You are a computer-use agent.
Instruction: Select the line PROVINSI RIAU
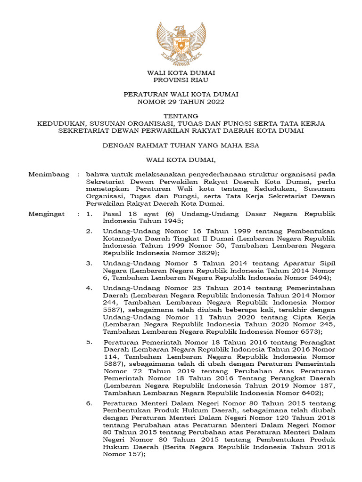point(181,80)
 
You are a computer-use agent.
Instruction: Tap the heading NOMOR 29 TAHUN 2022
point(181,102)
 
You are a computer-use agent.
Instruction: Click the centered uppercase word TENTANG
point(181,116)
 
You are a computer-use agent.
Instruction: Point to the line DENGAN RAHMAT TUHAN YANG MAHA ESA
point(181,145)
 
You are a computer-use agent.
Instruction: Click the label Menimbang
point(48,174)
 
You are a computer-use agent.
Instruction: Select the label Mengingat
point(47,214)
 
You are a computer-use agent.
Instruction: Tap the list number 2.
point(89,231)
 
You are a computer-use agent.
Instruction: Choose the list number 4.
point(89,288)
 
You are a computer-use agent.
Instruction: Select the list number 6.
point(89,403)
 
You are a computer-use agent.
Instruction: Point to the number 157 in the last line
point(134,454)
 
